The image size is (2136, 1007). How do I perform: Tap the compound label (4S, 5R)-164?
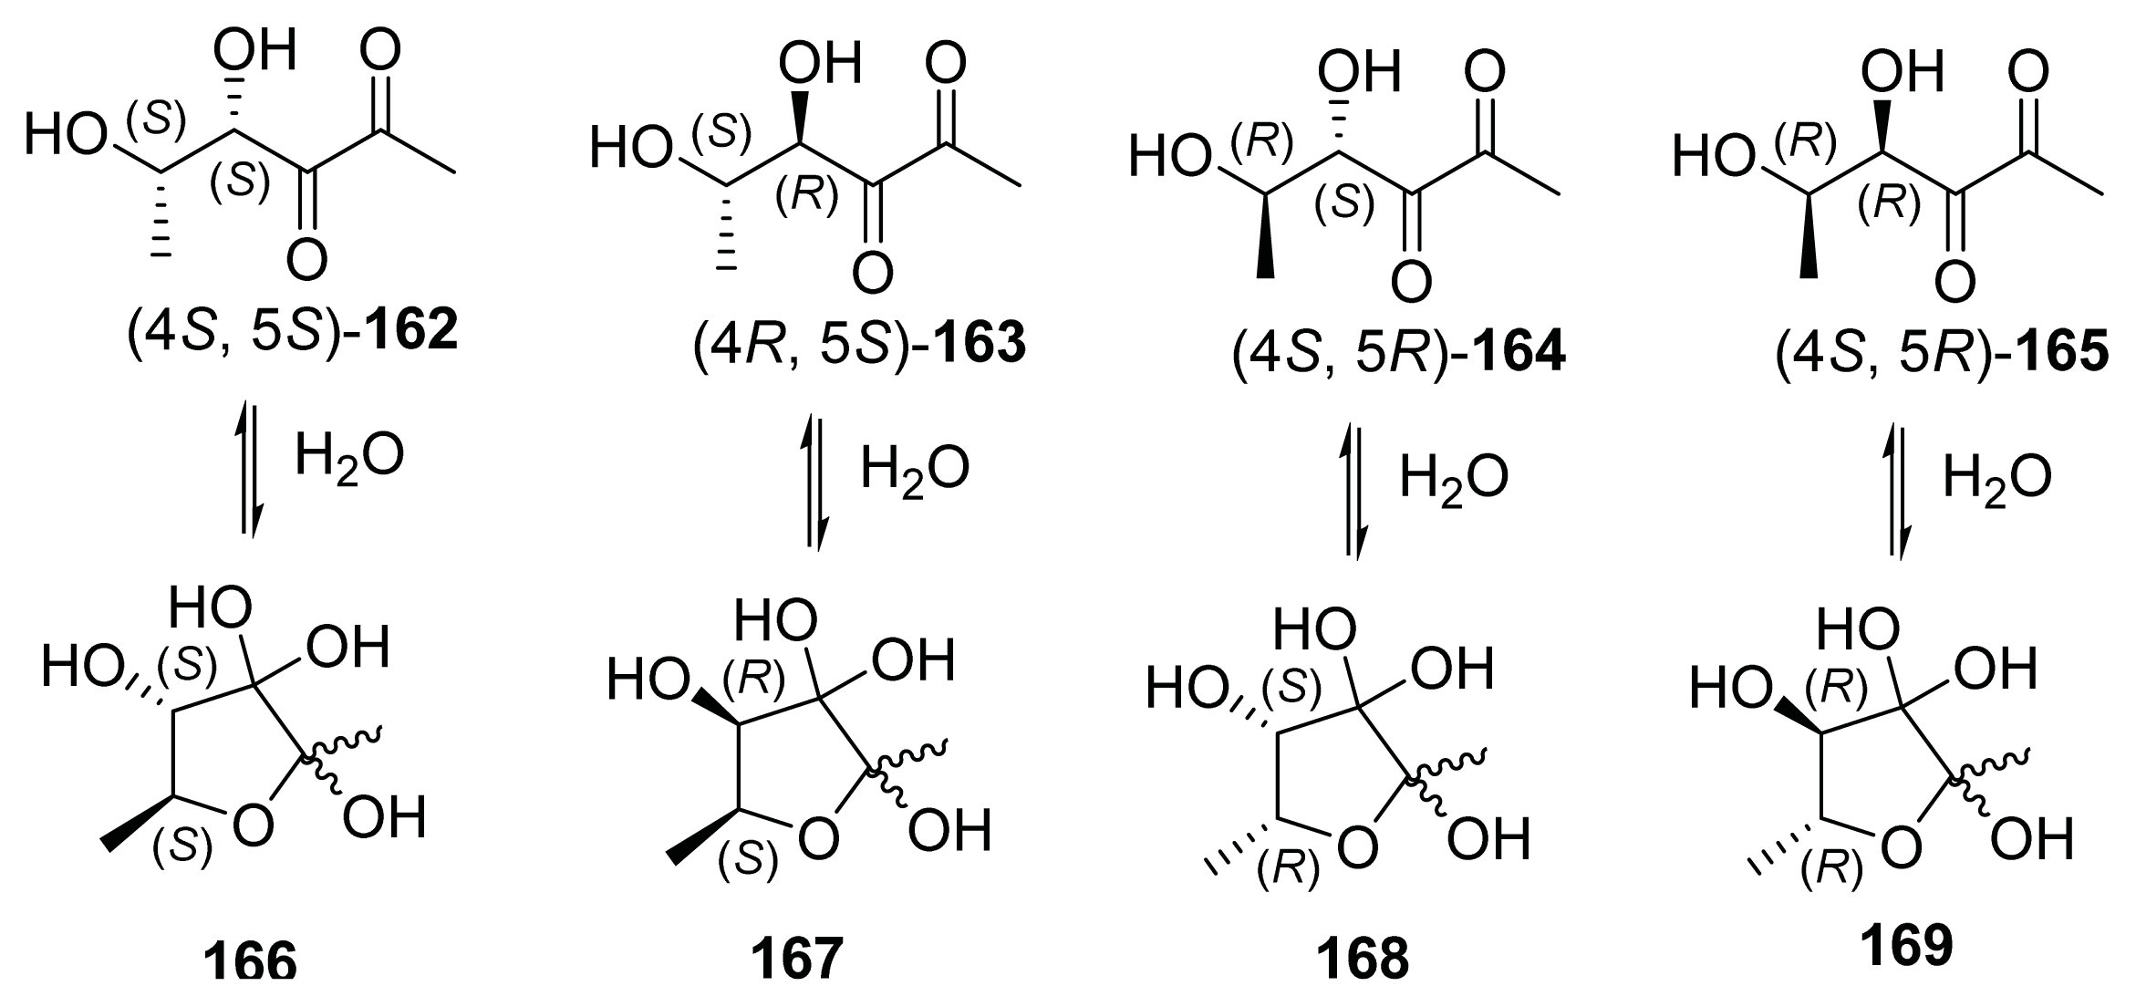coord(1398,354)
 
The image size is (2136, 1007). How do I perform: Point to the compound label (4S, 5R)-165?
coord(1941,354)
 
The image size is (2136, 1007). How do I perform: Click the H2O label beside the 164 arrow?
coord(1454,479)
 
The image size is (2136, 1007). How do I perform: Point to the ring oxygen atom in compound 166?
coord(252,826)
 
